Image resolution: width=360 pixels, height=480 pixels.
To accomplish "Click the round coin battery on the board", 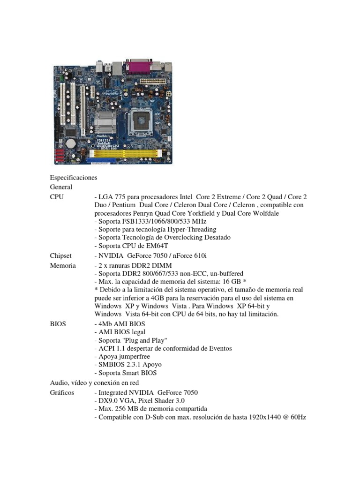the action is click(71, 142).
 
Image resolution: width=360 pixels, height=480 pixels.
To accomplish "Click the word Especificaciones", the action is click(73, 178).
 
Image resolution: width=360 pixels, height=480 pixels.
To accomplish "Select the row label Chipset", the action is click(60, 255).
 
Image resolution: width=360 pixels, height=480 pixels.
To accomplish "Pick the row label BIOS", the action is click(58, 323).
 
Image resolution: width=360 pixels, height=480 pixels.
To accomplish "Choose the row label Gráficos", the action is click(62, 392).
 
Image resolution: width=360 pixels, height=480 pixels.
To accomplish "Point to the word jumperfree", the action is click(134, 356).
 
